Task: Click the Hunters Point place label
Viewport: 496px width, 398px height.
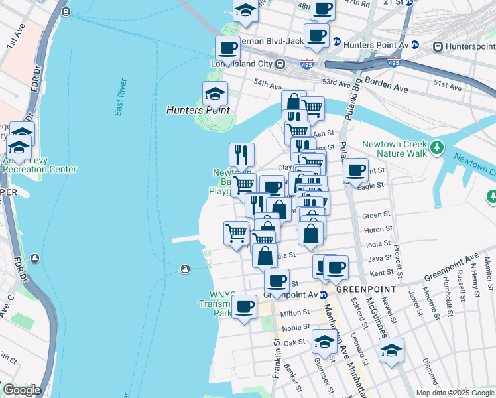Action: tap(198, 111)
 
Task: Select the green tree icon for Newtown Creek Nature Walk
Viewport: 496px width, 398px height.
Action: tap(436, 147)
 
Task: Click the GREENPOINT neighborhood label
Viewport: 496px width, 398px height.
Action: tap(366, 289)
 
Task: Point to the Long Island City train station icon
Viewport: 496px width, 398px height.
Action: tap(280, 64)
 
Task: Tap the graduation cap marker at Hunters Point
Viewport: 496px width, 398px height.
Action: tap(215, 94)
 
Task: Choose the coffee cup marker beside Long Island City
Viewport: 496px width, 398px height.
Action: tap(227, 48)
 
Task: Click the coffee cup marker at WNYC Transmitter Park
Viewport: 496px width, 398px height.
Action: tap(245, 307)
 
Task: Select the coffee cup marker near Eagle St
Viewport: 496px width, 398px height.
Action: tap(356, 170)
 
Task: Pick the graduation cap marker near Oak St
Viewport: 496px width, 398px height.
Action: tap(324, 342)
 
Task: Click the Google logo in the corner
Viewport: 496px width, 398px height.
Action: tap(21, 390)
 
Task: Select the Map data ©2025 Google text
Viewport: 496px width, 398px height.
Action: tap(454, 393)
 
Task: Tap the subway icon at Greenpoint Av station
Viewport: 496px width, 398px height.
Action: tap(323, 295)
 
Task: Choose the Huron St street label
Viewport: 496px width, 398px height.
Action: tap(377, 229)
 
